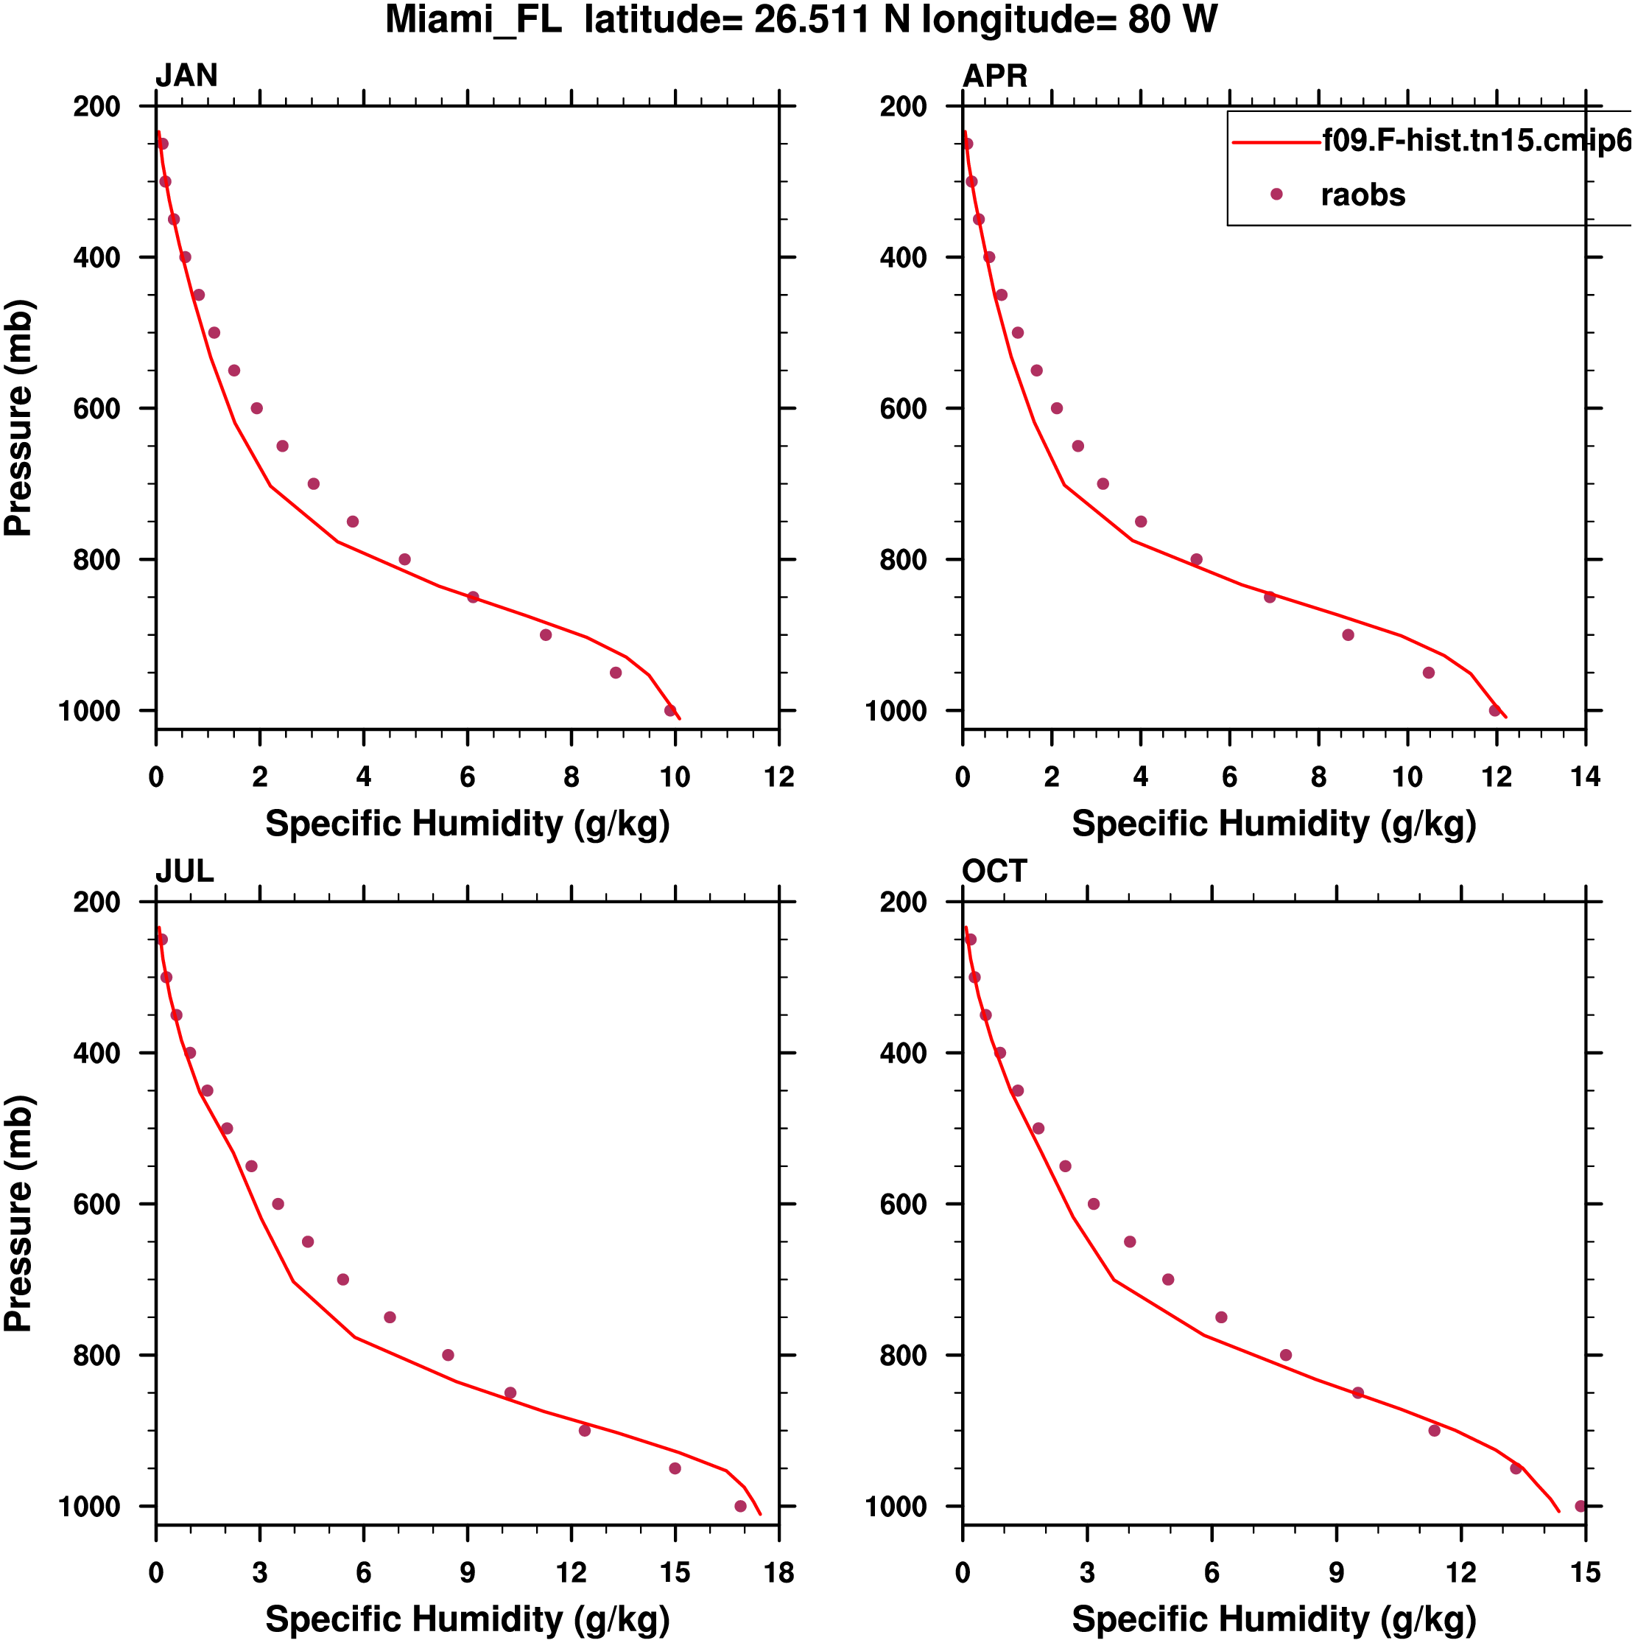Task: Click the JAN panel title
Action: [186, 76]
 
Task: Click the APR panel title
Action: [994, 76]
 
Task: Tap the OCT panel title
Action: [994, 872]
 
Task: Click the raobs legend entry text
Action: [1362, 195]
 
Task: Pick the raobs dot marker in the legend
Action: [1276, 195]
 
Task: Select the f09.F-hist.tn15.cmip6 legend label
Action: [1476, 140]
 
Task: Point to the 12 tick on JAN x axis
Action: [778, 777]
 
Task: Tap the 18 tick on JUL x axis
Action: [778, 1572]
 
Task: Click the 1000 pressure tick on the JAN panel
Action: [89, 711]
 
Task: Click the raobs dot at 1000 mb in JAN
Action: [670, 711]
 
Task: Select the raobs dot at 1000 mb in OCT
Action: [1580, 1506]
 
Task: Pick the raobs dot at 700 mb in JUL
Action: [342, 1280]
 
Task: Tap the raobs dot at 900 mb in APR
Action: [1348, 635]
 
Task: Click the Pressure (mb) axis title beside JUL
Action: [18, 1213]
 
